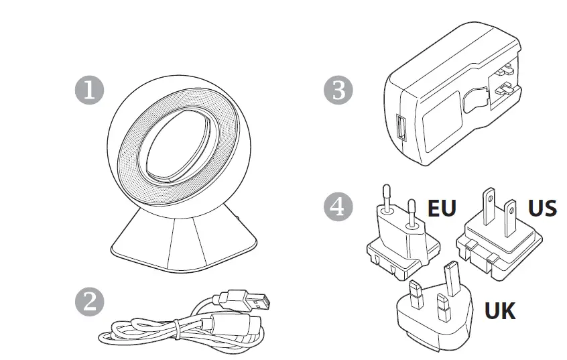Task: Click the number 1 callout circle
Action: tap(88, 91)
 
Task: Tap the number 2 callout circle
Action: tap(88, 300)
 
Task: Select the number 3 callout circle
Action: tap(338, 91)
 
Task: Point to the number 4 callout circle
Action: tap(338, 206)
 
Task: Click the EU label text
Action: tap(442, 208)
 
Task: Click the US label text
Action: tap(542, 208)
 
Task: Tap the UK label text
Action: tap(499, 310)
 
